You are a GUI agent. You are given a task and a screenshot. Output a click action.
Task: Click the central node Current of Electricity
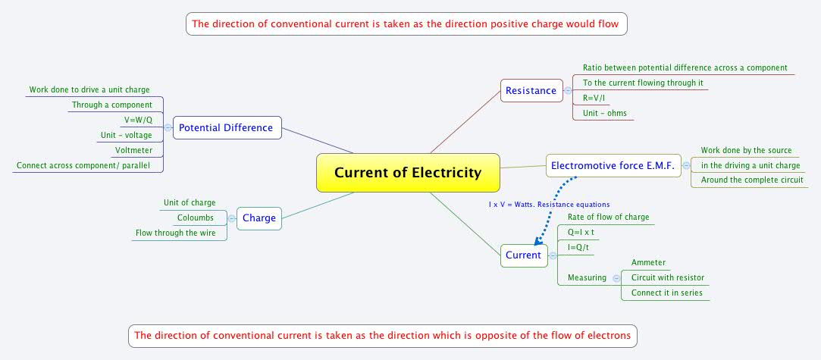point(408,172)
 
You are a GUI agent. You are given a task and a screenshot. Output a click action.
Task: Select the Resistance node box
point(531,91)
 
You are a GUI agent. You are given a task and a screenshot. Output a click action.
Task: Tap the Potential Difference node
point(226,127)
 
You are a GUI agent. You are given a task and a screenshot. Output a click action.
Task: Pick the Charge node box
point(259,219)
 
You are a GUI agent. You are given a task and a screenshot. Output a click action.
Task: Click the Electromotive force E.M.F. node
point(613,165)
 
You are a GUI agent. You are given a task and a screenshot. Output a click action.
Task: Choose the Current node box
point(523,255)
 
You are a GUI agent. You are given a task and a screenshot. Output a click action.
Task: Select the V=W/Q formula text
point(138,121)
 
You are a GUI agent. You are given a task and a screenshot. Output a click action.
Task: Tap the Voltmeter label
point(133,150)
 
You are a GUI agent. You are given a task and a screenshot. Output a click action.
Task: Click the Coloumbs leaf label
point(196,218)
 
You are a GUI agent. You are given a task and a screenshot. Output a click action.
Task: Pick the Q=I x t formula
point(581,232)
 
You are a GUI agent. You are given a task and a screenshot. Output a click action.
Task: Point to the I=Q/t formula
point(579,247)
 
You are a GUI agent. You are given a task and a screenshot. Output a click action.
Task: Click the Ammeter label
point(648,262)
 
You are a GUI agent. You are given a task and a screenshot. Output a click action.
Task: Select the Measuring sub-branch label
point(587,277)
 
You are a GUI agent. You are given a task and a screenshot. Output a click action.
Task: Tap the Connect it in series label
point(666,293)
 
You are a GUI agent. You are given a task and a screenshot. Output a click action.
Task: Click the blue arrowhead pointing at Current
point(538,241)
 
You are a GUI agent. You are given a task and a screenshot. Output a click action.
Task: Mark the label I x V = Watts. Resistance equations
point(549,204)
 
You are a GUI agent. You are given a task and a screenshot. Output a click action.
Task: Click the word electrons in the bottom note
point(603,334)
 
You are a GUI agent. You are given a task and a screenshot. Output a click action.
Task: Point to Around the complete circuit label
point(751,180)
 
